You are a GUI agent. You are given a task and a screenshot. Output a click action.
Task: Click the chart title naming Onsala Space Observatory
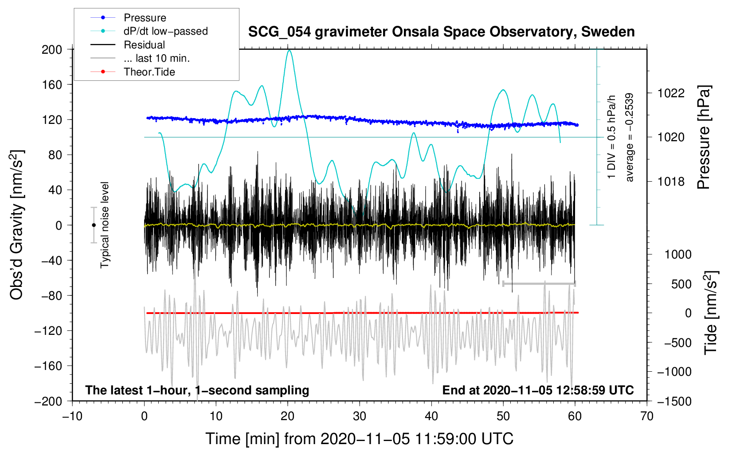(441, 32)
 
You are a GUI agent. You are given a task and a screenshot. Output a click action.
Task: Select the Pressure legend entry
(128, 17)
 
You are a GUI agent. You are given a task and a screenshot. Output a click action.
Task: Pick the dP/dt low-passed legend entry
(149, 31)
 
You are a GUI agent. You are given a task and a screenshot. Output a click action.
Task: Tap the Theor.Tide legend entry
(133, 72)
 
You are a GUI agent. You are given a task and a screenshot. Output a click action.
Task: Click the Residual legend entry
(128, 45)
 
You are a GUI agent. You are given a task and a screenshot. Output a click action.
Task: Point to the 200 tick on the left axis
(52, 50)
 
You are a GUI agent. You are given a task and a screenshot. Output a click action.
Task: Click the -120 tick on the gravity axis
(48, 330)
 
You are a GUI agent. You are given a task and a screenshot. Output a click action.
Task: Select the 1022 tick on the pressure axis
(671, 93)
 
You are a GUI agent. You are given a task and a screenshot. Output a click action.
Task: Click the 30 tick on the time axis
(360, 417)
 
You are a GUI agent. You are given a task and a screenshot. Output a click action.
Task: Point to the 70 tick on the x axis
(646, 417)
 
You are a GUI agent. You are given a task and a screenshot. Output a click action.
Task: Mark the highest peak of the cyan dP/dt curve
(289, 50)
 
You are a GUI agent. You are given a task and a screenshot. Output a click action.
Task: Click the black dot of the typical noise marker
(94, 225)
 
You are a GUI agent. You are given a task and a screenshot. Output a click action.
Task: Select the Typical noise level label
(105, 225)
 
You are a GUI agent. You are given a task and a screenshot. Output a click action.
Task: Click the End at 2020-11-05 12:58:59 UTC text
(538, 390)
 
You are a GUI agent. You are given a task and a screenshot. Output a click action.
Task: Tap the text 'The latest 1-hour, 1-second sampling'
(197, 390)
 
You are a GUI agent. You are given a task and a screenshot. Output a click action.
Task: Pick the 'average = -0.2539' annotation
(629, 137)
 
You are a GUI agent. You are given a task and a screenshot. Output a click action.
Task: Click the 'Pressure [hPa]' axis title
(704, 137)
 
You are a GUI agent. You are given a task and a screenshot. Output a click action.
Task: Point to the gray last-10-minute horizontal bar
(539, 284)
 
